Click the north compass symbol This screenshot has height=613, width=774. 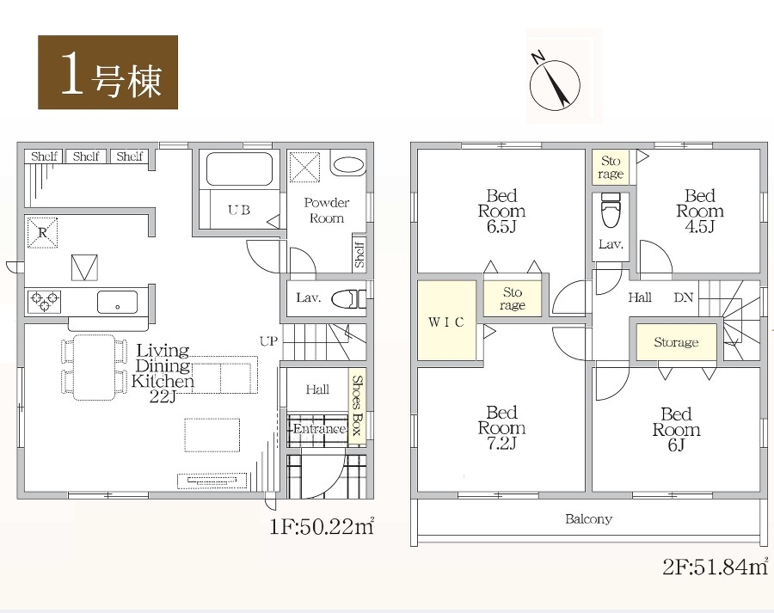tap(555, 82)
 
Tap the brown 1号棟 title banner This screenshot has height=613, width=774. tap(107, 72)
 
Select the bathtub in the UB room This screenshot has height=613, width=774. tap(239, 169)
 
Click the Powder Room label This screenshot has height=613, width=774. tap(326, 211)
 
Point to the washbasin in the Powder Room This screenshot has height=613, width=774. tap(348, 165)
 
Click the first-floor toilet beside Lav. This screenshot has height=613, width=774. tap(348, 299)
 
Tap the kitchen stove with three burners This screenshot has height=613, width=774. tap(44, 301)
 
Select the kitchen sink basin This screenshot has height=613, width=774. tap(118, 302)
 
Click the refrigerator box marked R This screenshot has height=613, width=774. tap(42, 232)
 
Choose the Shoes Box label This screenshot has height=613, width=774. tap(358, 405)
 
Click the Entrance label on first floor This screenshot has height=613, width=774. tap(319, 428)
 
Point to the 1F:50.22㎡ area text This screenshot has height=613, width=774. tap(322, 527)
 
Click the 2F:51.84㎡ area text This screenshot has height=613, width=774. tap(716, 567)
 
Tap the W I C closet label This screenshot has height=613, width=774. tap(446, 322)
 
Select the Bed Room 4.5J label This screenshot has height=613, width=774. tap(699, 211)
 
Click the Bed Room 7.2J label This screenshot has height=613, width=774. tap(501, 427)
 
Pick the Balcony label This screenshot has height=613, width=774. tap(588, 518)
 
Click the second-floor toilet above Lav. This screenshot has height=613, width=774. tap(611, 210)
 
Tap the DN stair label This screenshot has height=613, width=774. tap(684, 297)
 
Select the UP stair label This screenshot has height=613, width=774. tap(268, 340)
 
